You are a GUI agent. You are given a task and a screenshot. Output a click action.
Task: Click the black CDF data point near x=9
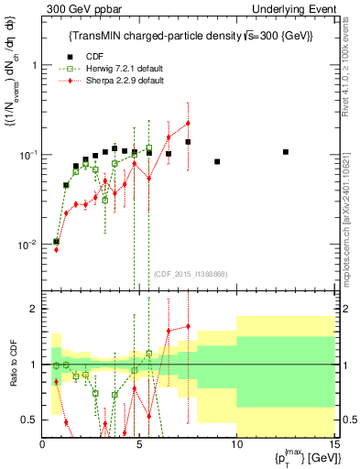pyautogui.click(x=217, y=161)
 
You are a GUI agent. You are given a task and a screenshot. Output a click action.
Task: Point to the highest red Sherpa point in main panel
pyautogui.click(x=188, y=123)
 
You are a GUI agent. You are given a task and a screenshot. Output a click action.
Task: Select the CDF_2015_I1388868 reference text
pyautogui.click(x=190, y=274)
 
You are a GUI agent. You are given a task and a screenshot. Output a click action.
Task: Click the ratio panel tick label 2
pyautogui.click(x=35, y=310)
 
